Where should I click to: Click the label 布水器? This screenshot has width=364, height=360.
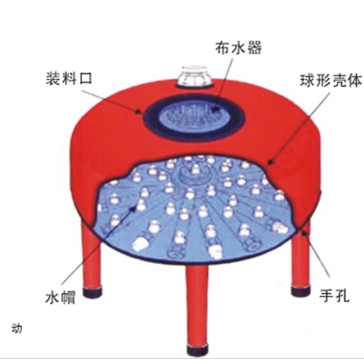click(x=238, y=48)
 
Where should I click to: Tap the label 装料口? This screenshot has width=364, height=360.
click(x=69, y=78)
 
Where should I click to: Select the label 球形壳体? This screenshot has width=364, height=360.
click(x=331, y=81)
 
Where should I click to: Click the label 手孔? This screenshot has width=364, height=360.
click(x=334, y=296)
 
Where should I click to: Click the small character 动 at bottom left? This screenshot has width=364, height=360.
click(x=17, y=329)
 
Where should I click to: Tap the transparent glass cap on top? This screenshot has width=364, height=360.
click(x=195, y=76)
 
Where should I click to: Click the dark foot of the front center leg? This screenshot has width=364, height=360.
click(x=197, y=350)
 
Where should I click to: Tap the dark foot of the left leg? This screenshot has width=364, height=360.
click(x=92, y=293)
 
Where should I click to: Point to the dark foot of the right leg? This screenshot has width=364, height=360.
click(x=300, y=291)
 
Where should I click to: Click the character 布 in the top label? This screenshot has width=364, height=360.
click(x=222, y=48)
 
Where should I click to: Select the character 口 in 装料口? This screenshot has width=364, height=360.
click(x=86, y=79)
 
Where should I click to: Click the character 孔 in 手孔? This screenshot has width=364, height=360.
click(x=342, y=296)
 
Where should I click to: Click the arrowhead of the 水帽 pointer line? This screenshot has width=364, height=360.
click(x=133, y=208)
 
